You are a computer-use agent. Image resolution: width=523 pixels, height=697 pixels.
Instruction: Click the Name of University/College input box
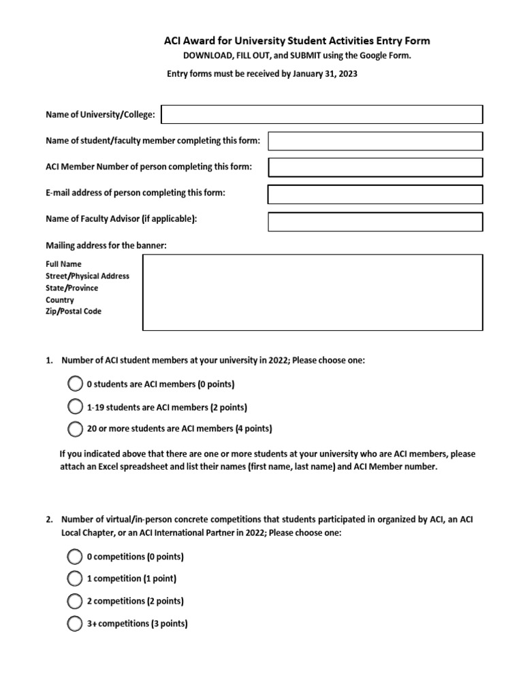pyautogui.click(x=321, y=114)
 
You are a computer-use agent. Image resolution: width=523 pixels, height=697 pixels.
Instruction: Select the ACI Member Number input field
pyautogui.click(x=375, y=167)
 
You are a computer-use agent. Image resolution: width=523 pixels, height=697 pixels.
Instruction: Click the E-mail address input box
pyautogui.click(x=375, y=194)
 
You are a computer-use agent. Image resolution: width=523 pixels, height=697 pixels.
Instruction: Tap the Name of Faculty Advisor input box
pyautogui.click(x=375, y=222)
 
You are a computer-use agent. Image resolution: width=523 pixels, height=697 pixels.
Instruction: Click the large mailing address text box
pyautogui.click(x=313, y=292)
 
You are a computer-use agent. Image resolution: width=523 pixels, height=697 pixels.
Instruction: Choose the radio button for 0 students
pyautogui.click(x=75, y=384)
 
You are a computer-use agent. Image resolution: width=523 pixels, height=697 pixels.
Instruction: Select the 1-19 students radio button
pyautogui.click(x=75, y=407)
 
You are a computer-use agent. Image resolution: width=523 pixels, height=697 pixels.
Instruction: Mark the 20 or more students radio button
pyautogui.click(x=75, y=429)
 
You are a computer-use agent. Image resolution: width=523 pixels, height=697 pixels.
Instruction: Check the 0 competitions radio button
pyautogui.click(x=74, y=557)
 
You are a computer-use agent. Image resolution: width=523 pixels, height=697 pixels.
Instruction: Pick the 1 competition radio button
pyautogui.click(x=74, y=579)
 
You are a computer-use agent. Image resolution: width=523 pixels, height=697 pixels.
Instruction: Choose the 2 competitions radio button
pyautogui.click(x=74, y=601)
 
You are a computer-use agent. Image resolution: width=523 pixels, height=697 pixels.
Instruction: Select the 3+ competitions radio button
pyautogui.click(x=74, y=623)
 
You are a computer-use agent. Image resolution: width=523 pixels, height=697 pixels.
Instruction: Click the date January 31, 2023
pyautogui.click(x=325, y=74)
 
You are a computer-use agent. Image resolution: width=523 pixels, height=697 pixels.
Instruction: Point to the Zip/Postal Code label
pyautogui.click(x=74, y=312)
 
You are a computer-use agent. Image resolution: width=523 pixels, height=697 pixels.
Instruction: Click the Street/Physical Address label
pyautogui.click(x=87, y=276)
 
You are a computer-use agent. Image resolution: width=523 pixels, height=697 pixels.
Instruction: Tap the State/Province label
pyautogui.click(x=72, y=288)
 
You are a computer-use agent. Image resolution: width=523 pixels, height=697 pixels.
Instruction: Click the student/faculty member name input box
pyautogui.click(x=375, y=141)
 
